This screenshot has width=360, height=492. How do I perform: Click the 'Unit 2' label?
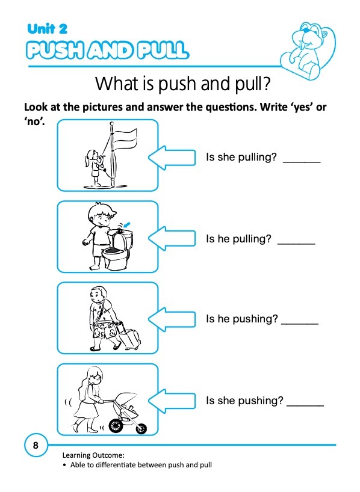click(x=47, y=29)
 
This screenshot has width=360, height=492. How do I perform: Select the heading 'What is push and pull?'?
click(x=183, y=84)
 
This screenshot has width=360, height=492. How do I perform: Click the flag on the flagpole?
click(x=125, y=140)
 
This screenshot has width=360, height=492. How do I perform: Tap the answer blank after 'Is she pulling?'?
click(x=302, y=162)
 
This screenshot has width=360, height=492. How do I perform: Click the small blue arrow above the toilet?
click(x=127, y=224)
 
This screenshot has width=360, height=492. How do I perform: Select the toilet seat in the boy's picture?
click(x=115, y=251)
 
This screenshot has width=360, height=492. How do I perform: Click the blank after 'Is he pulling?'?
click(x=296, y=243)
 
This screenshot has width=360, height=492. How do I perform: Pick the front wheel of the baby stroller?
click(x=141, y=428)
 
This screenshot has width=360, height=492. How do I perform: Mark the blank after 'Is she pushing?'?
click(x=305, y=405)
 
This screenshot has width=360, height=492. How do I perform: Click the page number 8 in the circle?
click(x=36, y=445)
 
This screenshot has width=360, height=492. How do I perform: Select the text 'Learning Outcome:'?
click(x=93, y=455)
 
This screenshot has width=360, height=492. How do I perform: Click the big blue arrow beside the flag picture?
click(x=172, y=158)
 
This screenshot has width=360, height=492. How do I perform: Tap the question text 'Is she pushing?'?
click(x=244, y=401)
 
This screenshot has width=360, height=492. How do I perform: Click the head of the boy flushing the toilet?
click(x=101, y=216)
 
